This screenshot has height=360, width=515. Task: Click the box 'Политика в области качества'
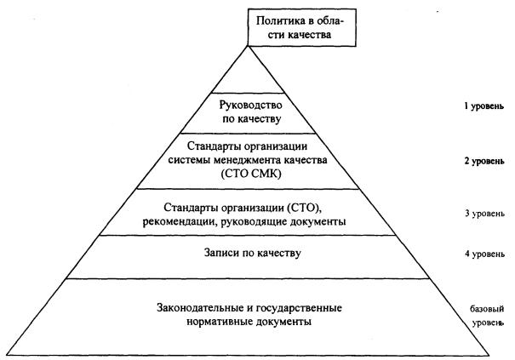302,27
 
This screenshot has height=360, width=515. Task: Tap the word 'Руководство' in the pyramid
250,106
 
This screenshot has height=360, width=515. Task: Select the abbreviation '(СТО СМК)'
251,174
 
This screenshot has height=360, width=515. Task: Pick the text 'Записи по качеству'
253,254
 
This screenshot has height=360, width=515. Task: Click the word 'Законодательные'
200,308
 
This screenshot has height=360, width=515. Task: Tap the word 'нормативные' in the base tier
220,322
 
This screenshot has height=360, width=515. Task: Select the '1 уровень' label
484,106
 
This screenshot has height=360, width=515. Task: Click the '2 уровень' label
484,162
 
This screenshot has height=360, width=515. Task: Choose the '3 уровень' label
484,214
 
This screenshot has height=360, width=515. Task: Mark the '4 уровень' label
484,254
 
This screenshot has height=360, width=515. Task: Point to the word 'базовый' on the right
487,309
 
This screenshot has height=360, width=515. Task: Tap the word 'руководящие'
255,222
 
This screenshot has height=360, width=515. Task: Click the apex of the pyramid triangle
248,46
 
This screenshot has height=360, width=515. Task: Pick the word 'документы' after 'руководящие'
318,222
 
